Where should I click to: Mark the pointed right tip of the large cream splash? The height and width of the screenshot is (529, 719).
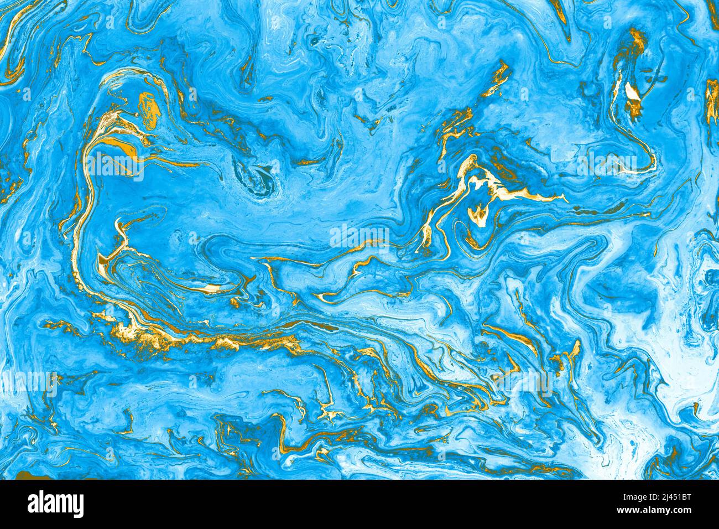pos(564,196)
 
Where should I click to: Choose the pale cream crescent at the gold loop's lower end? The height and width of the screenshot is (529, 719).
pos(213,288)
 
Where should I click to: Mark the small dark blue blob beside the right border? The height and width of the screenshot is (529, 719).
pos(710,277)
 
